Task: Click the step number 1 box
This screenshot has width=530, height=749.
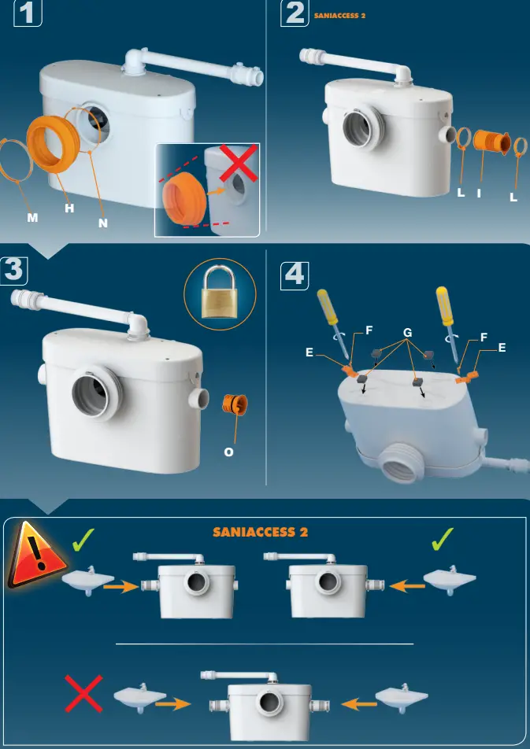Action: click(x=28, y=13)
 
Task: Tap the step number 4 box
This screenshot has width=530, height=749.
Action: click(x=295, y=275)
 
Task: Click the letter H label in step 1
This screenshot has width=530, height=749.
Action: click(x=69, y=208)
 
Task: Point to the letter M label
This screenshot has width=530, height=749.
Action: click(x=32, y=217)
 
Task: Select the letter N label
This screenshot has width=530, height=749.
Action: click(x=103, y=223)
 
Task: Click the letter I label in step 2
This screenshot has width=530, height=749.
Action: click(x=479, y=193)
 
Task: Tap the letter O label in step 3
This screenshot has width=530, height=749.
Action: click(x=228, y=452)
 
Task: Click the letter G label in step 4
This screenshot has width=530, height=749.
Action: click(x=408, y=333)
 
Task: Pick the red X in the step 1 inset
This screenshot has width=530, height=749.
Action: click(x=239, y=164)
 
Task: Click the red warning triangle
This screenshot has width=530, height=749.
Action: click(x=36, y=555)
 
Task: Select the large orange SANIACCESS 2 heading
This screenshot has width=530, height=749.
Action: click(x=260, y=532)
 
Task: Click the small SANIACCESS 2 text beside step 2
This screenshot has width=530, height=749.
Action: click(x=339, y=16)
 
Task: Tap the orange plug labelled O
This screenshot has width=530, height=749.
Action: click(x=235, y=404)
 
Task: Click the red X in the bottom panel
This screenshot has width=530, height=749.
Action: click(x=83, y=694)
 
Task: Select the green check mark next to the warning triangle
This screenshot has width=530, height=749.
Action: click(x=83, y=540)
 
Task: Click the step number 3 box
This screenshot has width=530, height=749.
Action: click(x=13, y=271)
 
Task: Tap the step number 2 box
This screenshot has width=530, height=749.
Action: click(x=295, y=13)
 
